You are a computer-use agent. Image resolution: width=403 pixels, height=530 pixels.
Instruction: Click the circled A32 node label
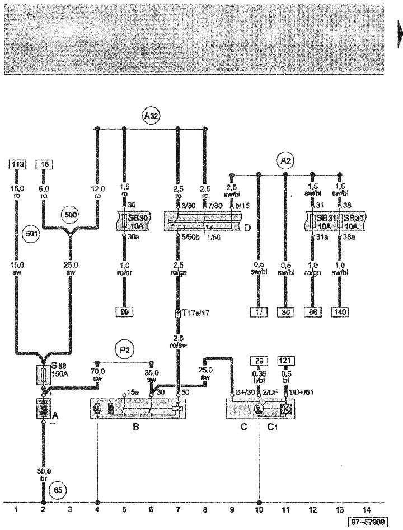[151, 116]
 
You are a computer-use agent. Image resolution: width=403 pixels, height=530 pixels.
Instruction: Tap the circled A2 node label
[285, 161]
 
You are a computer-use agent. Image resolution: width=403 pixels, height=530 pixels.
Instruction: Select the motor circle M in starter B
[97, 409]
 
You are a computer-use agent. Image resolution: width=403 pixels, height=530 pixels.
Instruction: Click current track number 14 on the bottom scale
[367, 509]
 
